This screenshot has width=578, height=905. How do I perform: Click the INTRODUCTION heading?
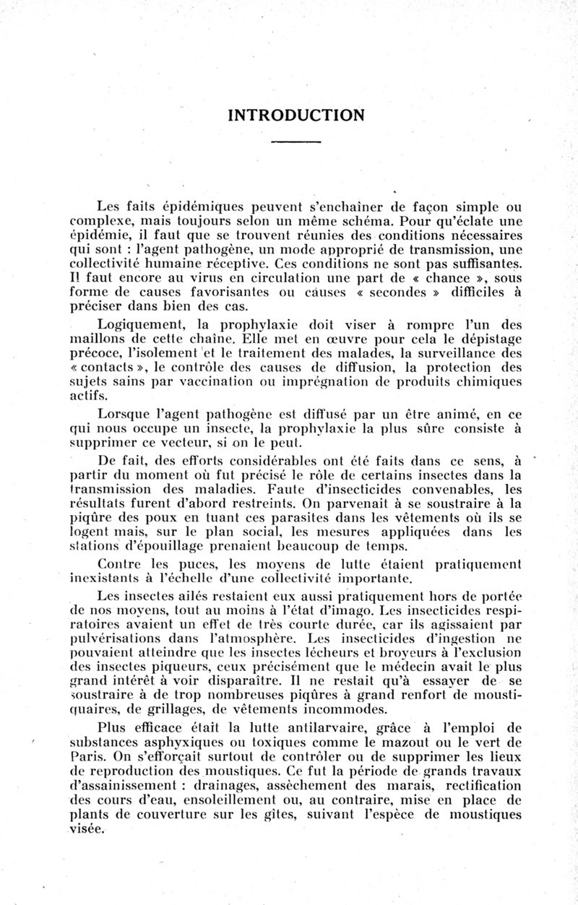coord(296,115)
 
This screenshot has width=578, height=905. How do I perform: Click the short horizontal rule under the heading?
coord(296,141)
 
